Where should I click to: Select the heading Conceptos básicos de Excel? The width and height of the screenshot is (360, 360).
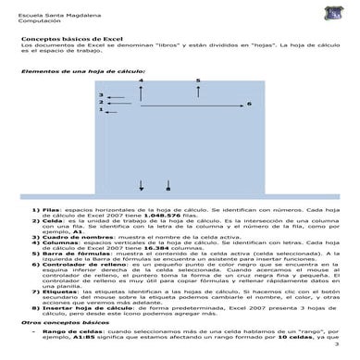67,34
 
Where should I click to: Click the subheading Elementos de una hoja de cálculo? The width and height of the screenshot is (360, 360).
82,71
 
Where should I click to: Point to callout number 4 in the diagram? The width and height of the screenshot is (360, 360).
141,81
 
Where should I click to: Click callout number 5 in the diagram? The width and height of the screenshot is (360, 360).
198,81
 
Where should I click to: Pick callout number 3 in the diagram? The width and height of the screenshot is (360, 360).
100,95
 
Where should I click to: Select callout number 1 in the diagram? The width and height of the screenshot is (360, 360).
100,110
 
